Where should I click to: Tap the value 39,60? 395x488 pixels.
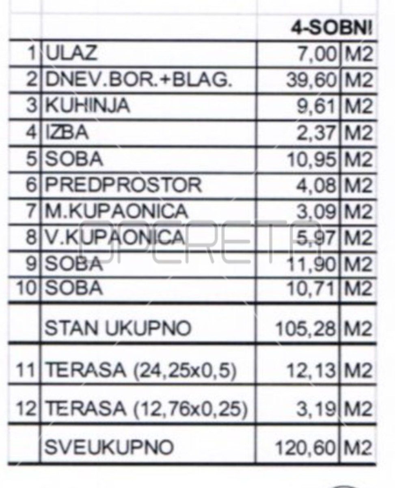click(311, 80)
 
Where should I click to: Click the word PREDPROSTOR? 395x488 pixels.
click(123, 185)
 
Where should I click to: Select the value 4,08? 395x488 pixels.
click(317, 185)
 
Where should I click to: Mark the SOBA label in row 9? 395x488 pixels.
click(73, 264)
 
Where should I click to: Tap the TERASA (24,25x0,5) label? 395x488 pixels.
click(140, 370)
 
